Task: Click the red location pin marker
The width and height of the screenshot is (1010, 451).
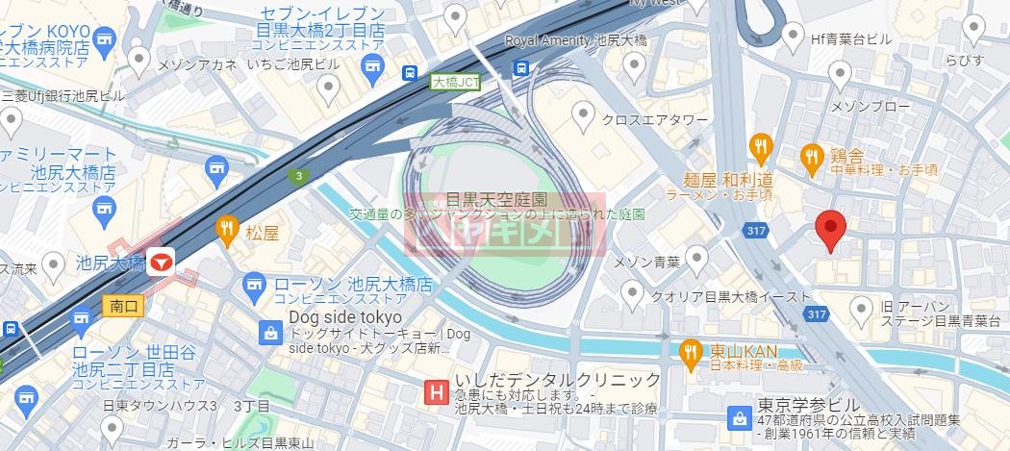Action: tap(830, 229)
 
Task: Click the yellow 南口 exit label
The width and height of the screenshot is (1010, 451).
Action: tap(122, 307)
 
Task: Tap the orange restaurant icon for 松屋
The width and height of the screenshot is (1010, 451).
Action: tap(228, 230)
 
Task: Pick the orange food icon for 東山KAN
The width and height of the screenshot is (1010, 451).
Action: tap(689, 352)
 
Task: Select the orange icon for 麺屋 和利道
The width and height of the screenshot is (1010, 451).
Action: tap(761, 146)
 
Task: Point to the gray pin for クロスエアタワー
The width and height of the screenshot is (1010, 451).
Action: tap(583, 117)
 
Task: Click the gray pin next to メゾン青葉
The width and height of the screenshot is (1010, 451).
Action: tap(696, 257)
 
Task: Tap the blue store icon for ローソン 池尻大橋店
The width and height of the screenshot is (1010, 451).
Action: tap(255, 285)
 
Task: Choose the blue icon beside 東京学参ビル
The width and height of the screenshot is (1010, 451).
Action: tap(739, 418)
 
